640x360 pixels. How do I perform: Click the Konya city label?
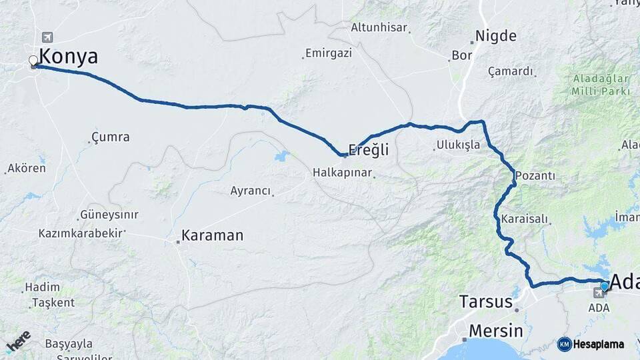click(x=68, y=57)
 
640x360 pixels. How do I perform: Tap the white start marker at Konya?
click(x=33, y=61)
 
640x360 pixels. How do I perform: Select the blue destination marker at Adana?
click(x=604, y=286)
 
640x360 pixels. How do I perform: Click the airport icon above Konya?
click(x=46, y=37)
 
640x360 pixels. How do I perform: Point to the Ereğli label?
click(x=369, y=151)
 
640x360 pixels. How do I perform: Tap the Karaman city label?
click(x=213, y=235)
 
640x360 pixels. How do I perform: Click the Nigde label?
click(x=495, y=36)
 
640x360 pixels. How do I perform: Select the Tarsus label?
click(x=486, y=302)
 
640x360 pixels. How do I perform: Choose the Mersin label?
click(x=495, y=331)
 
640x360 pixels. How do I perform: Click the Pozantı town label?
click(x=537, y=175)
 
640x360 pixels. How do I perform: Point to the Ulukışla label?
click(x=458, y=145)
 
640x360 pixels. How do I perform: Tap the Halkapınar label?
click(x=342, y=173)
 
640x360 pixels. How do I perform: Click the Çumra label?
click(x=111, y=137)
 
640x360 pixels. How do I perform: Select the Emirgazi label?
click(x=328, y=53)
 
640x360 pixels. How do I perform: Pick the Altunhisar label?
click(x=379, y=28)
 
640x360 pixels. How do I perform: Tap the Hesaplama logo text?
click(x=598, y=344)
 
